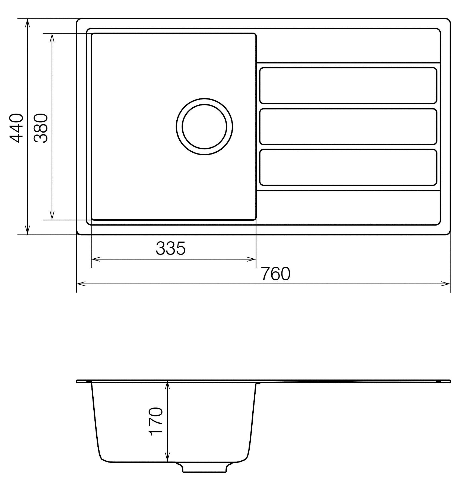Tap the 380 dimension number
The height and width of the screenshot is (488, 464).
(x=41, y=128)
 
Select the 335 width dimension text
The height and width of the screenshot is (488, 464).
(x=170, y=248)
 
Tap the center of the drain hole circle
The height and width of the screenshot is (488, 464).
(x=204, y=127)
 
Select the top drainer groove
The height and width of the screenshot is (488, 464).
(x=348, y=85)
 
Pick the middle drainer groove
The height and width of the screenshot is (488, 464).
(x=348, y=127)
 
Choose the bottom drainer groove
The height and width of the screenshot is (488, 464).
(x=348, y=167)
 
